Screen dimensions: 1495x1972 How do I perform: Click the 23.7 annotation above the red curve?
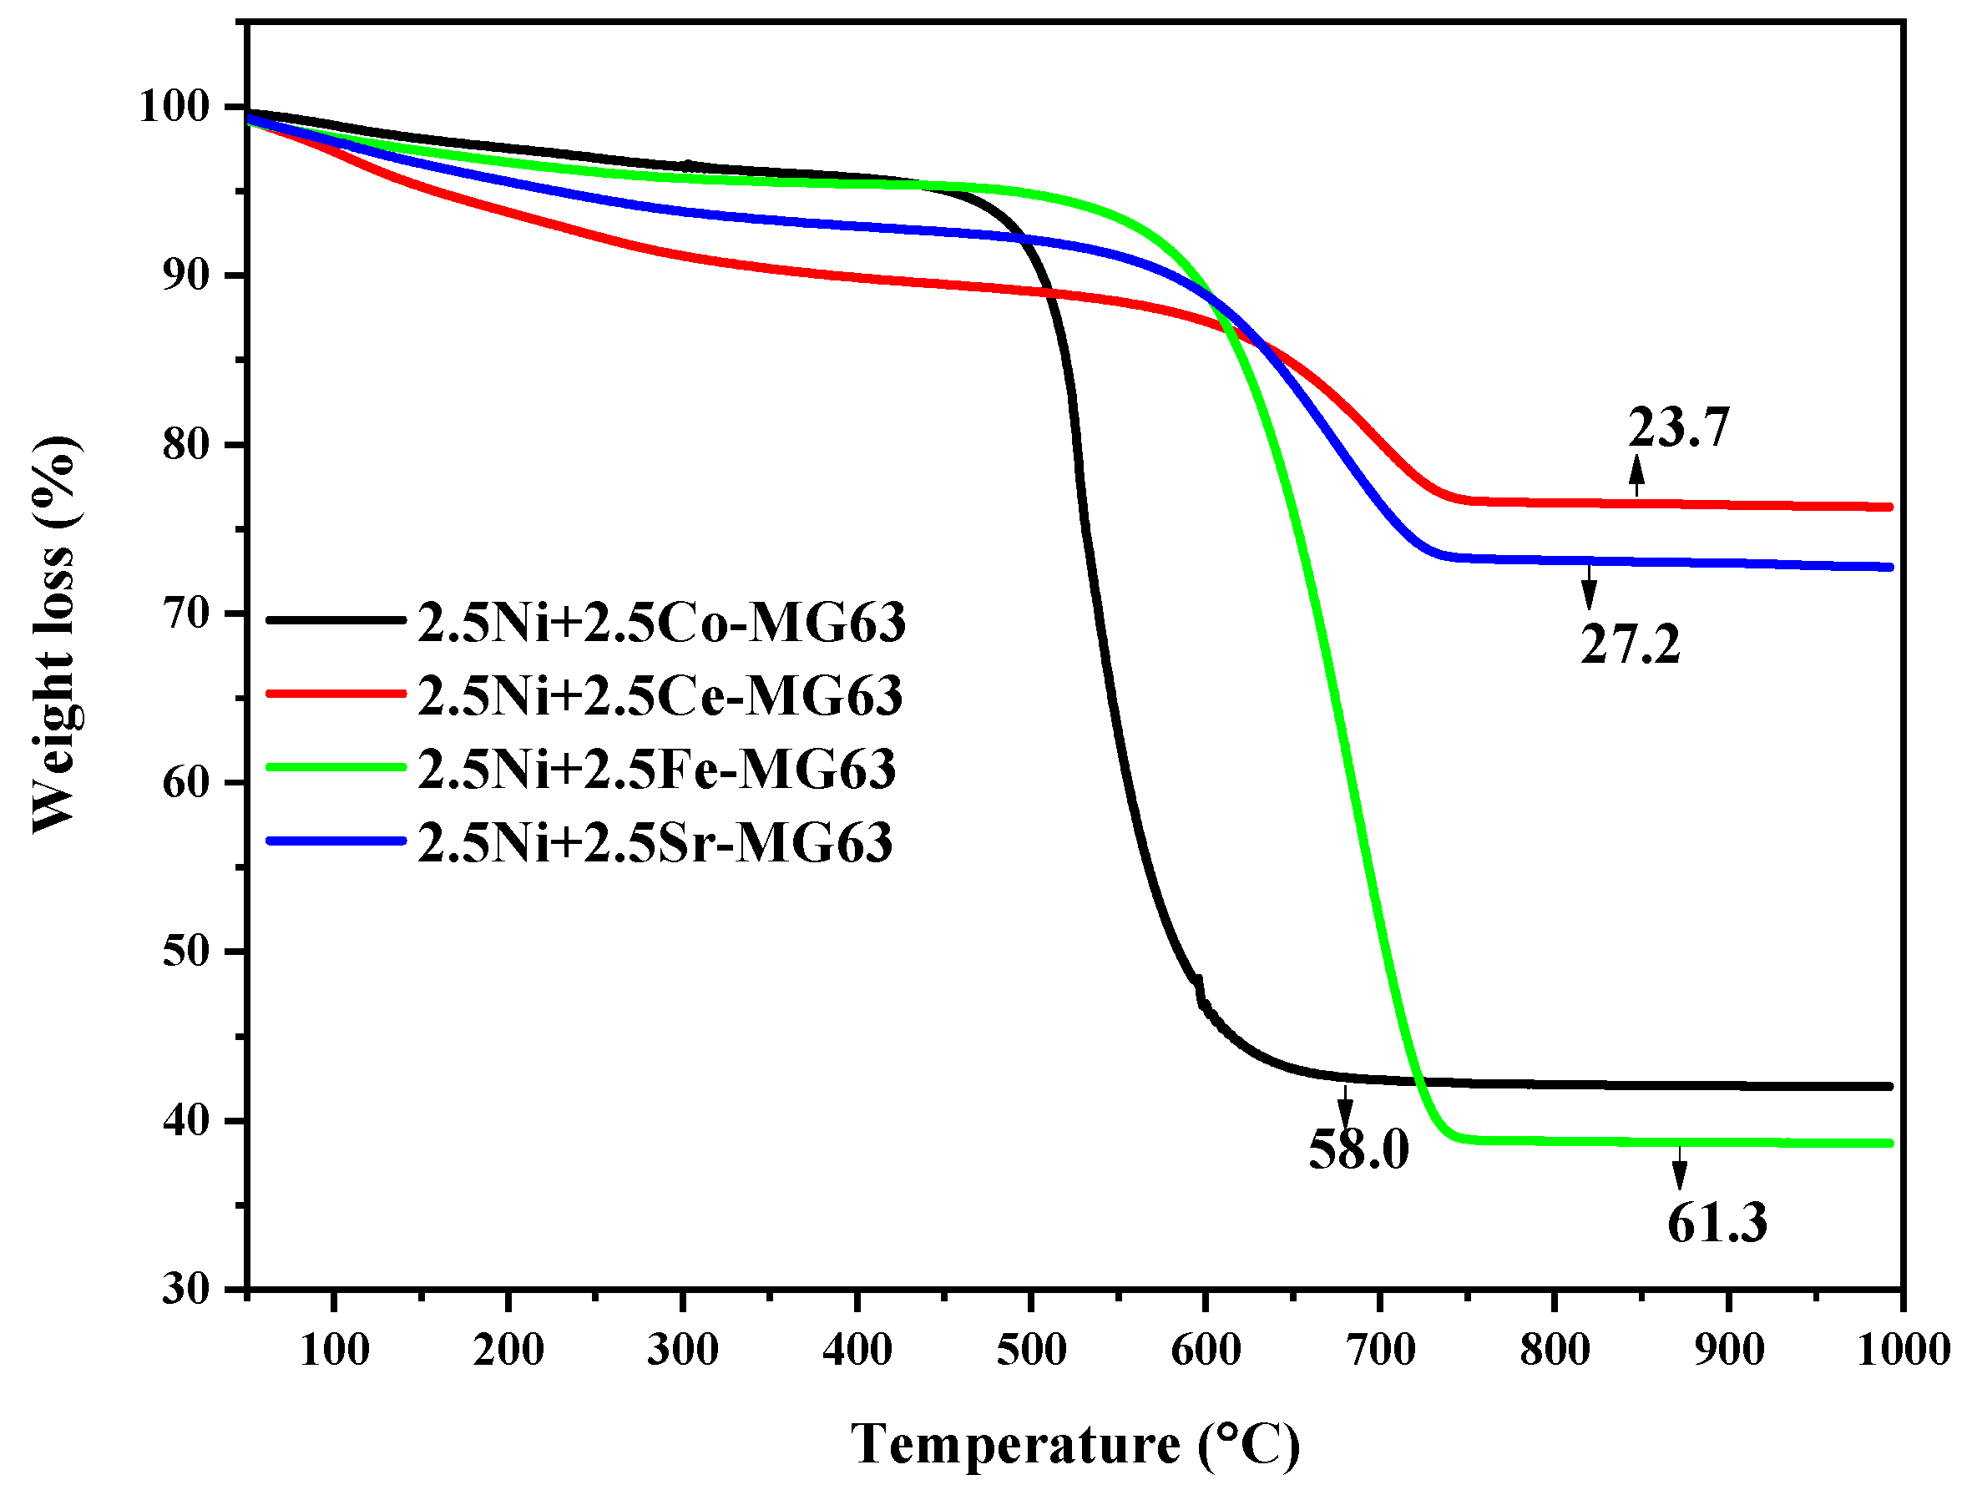pyautogui.click(x=1678, y=427)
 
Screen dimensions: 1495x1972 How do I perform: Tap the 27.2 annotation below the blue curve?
pyautogui.click(x=1630, y=644)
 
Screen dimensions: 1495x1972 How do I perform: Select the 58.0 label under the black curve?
pyautogui.click(x=1358, y=1149)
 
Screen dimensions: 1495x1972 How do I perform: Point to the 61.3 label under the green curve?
pyautogui.click(x=1717, y=1222)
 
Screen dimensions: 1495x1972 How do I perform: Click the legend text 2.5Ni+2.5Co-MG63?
pyautogui.click(x=661, y=622)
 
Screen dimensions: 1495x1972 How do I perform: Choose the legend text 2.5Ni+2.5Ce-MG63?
pyautogui.click(x=660, y=695)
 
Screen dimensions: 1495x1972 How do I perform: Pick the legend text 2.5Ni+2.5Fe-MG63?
pyautogui.click(x=657, y=769)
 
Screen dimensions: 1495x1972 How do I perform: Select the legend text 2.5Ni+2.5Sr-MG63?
pyautogui.click(x=655, y=841)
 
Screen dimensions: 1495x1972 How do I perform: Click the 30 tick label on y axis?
pyautogui.click(x=185, y=1289)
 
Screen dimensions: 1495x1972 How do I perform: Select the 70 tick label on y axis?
pyautogui.click(x=185, y=614)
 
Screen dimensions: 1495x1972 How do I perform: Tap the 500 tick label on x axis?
pyautogui.click(x=1030, y=1350)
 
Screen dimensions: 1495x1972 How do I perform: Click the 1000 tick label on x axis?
pyautogui.click(x=1903, y=1350)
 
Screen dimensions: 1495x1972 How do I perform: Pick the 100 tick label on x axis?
pyautogui.click(x=334, y=1350)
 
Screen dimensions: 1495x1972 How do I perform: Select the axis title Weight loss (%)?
pyautogui.click(x=55, y=634)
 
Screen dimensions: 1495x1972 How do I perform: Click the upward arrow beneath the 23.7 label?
pyautogui.click(x=1636, y=475)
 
